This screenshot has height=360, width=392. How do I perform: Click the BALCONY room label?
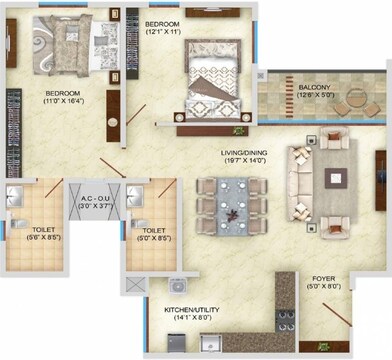coord(315,87)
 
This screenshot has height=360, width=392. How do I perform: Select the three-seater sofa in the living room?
coord(299,177)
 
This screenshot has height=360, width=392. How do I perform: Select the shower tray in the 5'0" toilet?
coord(154,192)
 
